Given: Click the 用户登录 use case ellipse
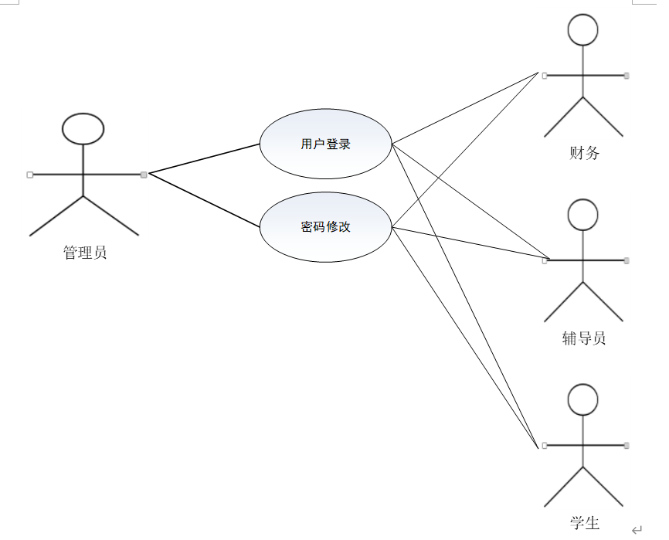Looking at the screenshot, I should (325, 144).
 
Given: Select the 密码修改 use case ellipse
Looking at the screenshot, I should (325, 227).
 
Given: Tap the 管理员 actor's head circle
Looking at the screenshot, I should (83, 129).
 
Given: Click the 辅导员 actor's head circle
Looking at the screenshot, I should (583, 215).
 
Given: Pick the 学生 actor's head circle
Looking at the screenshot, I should (583, 399).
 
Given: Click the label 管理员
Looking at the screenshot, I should (85, 253).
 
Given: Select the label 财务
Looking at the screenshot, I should (584, 153).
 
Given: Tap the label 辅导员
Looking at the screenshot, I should (584, 338).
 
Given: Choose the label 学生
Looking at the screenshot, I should (585, 523).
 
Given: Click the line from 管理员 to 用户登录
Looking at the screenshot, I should (205, 158).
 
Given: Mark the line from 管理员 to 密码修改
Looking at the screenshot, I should (205, 200).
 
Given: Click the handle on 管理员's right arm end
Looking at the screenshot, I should (144, 175).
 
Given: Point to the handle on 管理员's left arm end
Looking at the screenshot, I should (30, 175).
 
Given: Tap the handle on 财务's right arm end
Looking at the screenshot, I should (627, 76).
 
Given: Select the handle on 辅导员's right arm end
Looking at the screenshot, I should (627, 260).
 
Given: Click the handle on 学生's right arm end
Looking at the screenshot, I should (627, 446).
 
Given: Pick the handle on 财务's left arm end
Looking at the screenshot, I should (545, 76).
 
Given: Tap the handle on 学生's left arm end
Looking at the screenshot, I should (545, 446).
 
